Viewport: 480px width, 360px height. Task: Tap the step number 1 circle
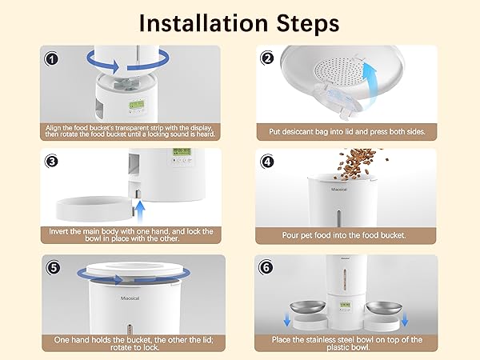[x=52, y=58]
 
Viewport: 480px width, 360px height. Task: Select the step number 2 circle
[x=268, y=58]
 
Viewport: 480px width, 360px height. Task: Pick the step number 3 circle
[x=52, y=162]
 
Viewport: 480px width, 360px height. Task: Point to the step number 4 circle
[x=268, y=162]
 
